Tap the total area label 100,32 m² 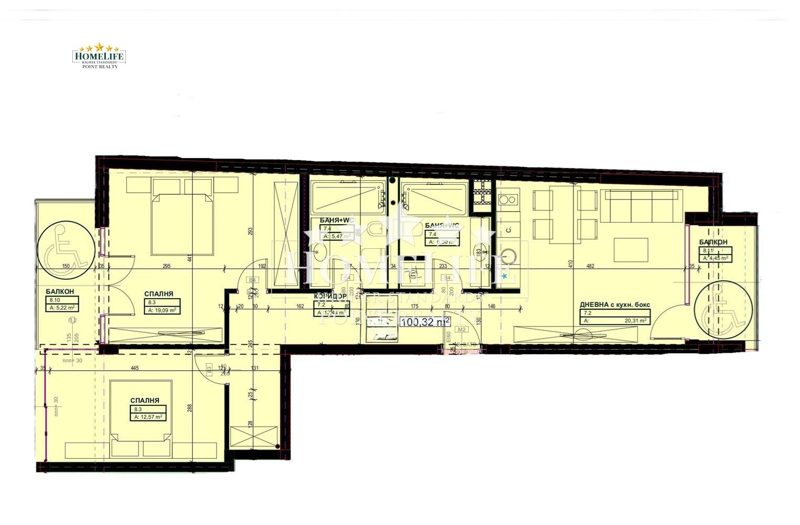click(425, 322)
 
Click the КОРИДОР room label click(330, 297)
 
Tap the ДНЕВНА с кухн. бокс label click(614, 304)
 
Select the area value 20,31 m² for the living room click(635, 320)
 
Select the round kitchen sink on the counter click(507, 256)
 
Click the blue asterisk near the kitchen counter click(505, 276)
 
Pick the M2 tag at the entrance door click(462, 330)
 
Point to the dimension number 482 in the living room click(590, 266)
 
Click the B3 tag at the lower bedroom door click(209, 370)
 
